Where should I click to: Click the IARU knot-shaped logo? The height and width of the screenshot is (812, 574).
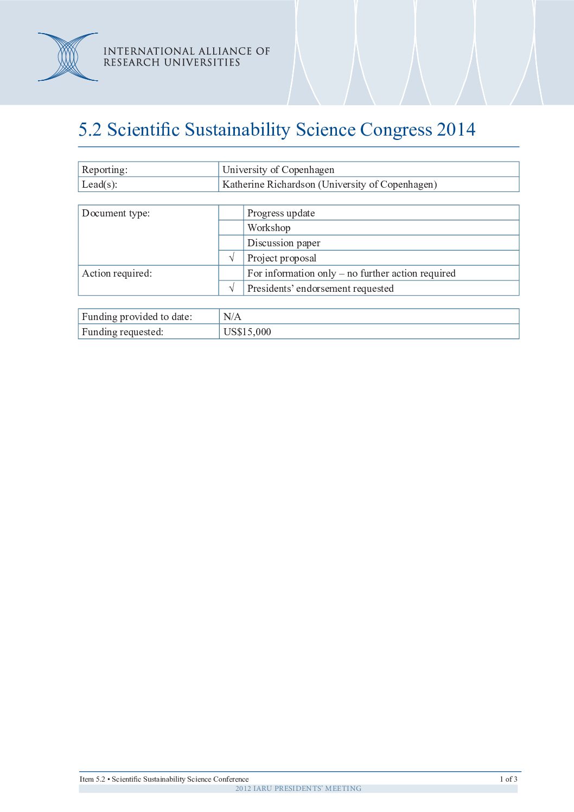[68, 57]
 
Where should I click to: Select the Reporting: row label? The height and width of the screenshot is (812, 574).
[105, 170]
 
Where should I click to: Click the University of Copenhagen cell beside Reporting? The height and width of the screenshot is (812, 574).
[278, 170]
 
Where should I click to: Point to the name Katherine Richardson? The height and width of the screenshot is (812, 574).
[269, 184]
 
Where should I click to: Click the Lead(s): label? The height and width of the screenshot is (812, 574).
[99, 184]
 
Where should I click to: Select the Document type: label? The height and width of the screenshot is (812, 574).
[116, 213]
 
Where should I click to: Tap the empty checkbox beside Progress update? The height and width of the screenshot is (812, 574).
[231, 213]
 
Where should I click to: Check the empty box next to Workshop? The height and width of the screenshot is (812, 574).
[231, 228]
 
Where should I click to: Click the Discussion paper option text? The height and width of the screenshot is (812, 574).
[284, 243]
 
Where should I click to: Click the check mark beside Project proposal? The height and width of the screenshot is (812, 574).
[232, 258]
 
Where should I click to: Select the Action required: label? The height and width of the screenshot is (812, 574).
[117, 273]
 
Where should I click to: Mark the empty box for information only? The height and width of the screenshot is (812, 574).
[231, 273]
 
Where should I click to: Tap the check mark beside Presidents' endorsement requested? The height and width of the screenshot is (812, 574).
[232, 289]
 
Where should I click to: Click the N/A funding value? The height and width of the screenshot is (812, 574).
[232, 317]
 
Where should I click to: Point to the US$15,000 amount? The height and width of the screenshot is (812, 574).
[247, 332]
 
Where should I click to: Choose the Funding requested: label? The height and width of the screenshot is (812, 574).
[122, 332]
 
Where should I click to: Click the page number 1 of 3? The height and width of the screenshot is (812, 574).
[508, 779]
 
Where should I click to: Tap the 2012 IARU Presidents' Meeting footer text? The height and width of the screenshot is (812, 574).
[298, 789]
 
